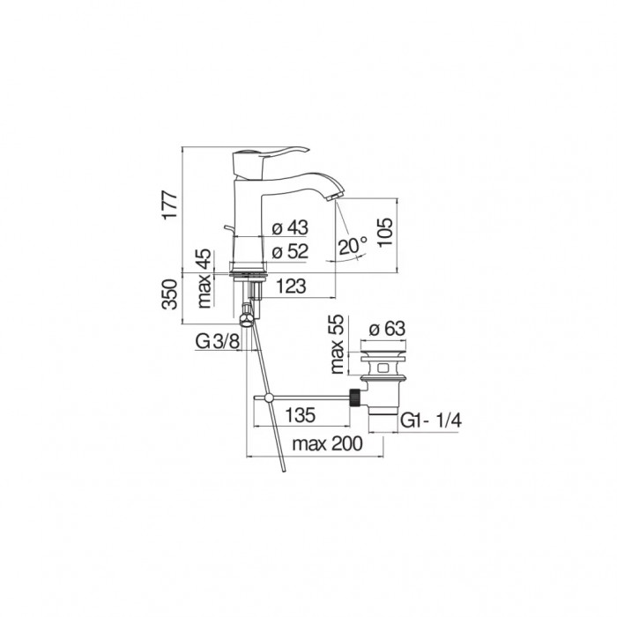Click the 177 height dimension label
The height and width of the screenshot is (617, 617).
(170, 205)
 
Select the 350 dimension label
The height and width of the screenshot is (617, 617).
(170, 294)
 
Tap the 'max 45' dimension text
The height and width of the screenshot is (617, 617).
(204, 279)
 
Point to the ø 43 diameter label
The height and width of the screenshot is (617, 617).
(290, 227)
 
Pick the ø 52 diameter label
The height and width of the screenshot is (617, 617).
(290, 251)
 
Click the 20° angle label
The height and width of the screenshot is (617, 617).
(353, 246)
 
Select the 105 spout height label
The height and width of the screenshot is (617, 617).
(385, 232)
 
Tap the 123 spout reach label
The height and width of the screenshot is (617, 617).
(291, 286)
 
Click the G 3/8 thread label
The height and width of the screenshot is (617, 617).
(217, 342)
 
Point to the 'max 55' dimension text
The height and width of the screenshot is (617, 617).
(338, 345)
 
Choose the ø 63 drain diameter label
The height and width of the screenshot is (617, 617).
(387, 328)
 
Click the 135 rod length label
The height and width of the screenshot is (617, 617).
(301, 415)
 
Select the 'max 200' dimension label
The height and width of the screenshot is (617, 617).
(327, 444)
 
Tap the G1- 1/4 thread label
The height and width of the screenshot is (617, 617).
(431, 421)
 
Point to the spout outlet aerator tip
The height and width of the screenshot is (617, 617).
(333, 197)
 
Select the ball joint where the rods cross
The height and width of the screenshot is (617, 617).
(269, 398)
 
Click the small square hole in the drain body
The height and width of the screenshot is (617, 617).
(383, 368)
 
